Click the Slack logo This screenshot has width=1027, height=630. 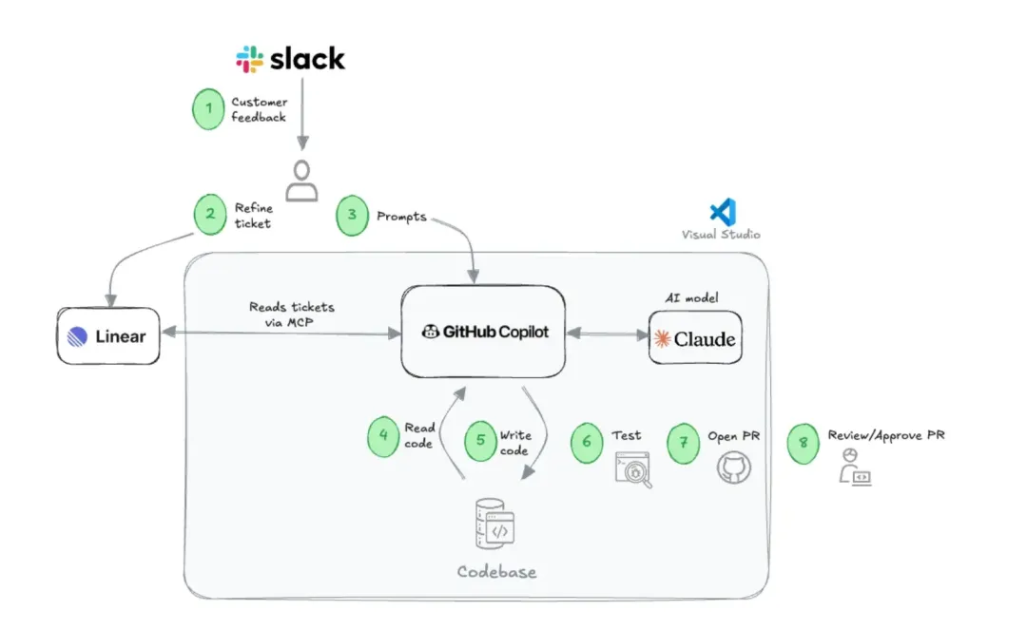291,59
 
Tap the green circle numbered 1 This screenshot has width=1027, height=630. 209,109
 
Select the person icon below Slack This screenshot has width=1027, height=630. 302,181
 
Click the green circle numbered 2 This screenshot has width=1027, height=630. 209,215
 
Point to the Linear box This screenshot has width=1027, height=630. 107,335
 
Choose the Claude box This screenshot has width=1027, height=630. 695,338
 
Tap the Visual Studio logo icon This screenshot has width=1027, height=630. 723,211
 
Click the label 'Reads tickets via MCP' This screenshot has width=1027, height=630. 292,314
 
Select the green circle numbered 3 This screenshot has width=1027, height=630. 352,215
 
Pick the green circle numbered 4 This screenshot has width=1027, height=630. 383,435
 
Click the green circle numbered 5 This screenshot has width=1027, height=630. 480,441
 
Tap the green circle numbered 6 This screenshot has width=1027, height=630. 587,443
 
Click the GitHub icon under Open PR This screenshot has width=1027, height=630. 733,468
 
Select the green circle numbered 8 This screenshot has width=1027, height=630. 804,443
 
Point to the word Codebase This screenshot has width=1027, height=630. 496,572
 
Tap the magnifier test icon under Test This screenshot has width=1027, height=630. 633,470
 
